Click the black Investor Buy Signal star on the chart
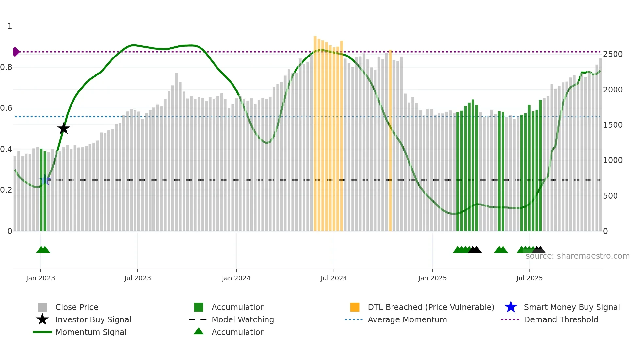[64, 128]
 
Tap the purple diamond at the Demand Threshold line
[16, 52]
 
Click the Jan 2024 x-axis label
[236, 278]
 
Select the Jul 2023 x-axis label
[137, 278]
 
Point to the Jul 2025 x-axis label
[529, 278]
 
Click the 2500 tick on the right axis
[613, 54]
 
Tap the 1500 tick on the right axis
[613, 125]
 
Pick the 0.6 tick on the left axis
[6, 108]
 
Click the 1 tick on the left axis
[10, 26]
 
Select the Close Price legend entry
[77, 307]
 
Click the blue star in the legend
[511, 307]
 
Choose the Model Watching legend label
[243, 319]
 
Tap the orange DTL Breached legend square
[355, 307]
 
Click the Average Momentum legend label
[407, 319]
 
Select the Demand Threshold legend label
[561, 319]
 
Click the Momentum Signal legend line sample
[42, 332]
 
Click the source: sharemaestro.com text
[577, 256]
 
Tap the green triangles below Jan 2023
[43, 250]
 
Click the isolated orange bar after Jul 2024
[390, 140]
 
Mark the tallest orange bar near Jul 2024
[315, 134]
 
